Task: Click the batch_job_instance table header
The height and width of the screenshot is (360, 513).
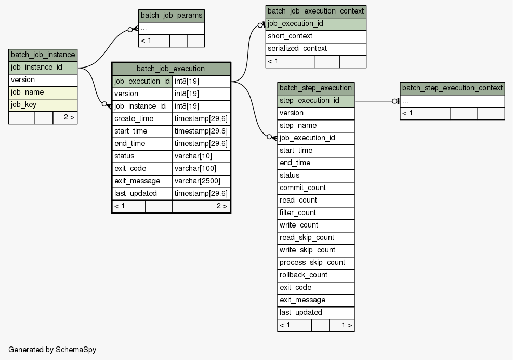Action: click(43, 55)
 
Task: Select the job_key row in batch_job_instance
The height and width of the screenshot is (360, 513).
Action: click(43, 105)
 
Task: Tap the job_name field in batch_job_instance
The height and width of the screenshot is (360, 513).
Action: click(43, 92)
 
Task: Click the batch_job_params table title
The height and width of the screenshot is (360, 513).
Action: click(172, 16)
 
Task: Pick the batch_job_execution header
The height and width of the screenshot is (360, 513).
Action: click(171, 69)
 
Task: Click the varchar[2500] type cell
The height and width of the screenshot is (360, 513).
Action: click(201, 181)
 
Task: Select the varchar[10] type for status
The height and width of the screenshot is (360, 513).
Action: click(201, 156)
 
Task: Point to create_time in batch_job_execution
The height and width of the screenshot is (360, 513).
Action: click(142, 118)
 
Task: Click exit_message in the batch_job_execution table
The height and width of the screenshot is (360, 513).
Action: click(142, 181)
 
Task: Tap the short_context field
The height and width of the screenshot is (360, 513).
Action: click(315, 36)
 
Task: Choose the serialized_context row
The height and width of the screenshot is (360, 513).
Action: click(315, 49)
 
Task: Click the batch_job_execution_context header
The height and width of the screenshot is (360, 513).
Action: click(315, 11)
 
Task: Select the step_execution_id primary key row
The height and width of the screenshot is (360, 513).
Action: click(316, 101)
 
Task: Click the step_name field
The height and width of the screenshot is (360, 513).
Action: click(316, 126)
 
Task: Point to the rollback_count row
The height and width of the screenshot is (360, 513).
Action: click(316, 275)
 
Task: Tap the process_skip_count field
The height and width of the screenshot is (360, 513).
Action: click(316, 263)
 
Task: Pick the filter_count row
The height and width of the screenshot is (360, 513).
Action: click(316, 213)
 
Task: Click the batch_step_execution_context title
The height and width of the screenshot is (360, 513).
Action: click(453, 88)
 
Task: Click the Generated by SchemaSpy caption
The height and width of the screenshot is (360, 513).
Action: click(52, 350)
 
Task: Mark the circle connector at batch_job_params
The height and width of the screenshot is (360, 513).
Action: click(130, 30)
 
